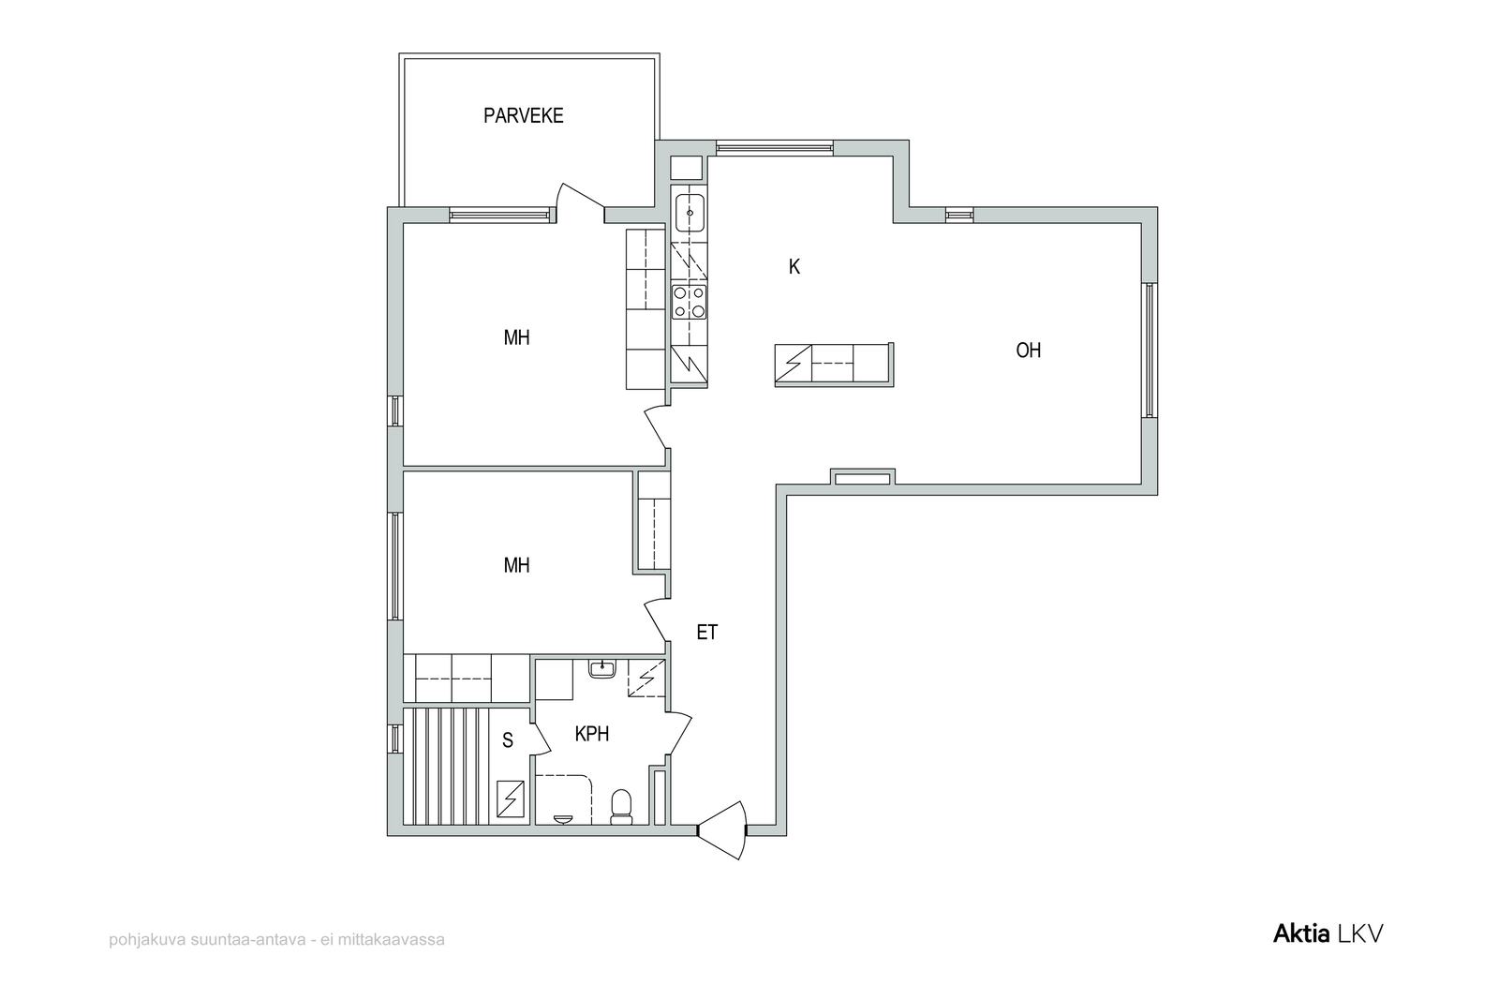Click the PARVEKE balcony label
(524, 116)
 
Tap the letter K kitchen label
(794, 267)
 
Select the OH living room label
(1029, 351)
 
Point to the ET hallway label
(707, 633)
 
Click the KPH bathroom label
(592, 734)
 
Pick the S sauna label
(508, 740)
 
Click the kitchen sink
(690, 212)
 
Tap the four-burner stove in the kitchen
(690, 301)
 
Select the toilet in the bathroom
(621, 807)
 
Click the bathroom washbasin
(602, 668)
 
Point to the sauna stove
(512, 799)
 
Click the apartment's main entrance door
(722, 830)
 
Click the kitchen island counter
(834, 365)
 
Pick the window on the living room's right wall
(1150, 351)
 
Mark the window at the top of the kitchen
(775, 147)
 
